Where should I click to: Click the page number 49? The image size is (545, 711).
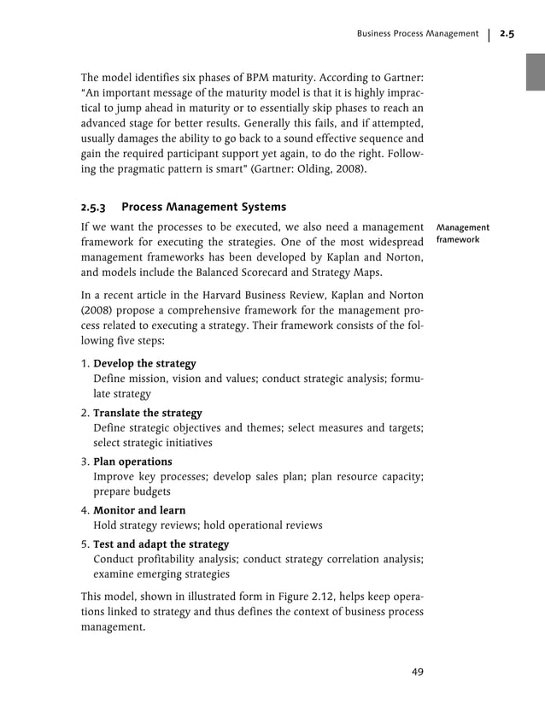(x=417, y=671)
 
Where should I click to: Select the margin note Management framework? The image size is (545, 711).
(x=462, y=234)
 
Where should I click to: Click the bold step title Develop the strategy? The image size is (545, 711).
(x=144, y=363)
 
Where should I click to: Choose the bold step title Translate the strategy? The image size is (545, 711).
(x=147, y=413)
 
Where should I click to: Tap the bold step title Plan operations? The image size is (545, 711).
(x=132, y=461)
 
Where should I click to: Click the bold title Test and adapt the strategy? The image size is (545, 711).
(x=161, y=544)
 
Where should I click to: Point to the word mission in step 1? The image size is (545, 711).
(x=146, y=379)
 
